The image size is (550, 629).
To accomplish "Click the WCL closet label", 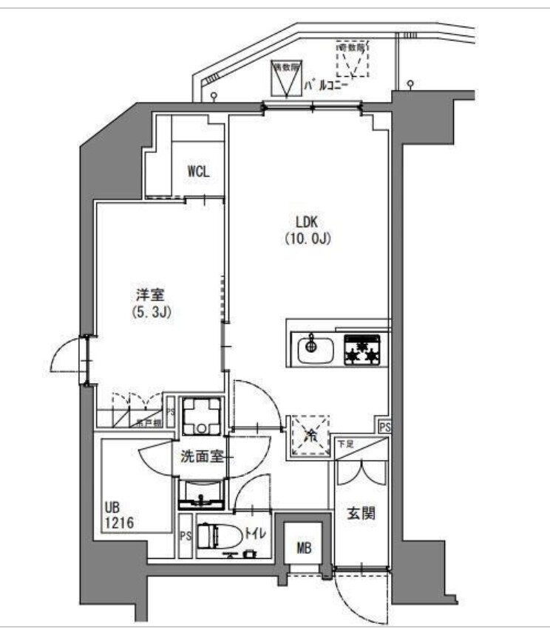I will [x=198, y=172].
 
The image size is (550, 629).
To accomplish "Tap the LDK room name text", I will [x=306, y=221].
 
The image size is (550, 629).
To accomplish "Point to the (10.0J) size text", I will [x=306, y=238].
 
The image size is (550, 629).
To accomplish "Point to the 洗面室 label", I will [x=202, y=457].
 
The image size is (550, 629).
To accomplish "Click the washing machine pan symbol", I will [x=200, y=417].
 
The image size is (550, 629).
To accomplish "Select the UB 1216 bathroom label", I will [x=122, y=515].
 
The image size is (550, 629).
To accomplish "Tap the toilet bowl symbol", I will [x=218, y=535].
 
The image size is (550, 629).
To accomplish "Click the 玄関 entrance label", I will [x=361, y=512].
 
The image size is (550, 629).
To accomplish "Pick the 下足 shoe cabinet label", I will [x=345, y=444].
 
